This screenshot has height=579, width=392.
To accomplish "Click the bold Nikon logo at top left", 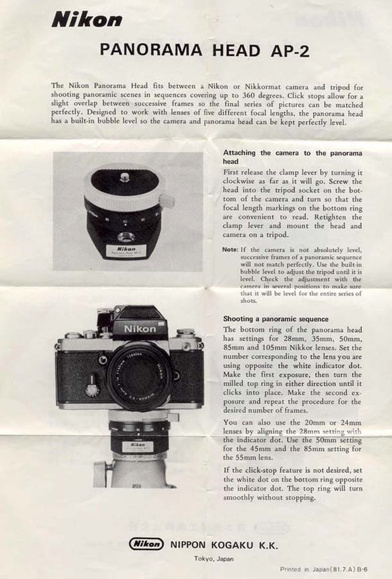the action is pos(87,20).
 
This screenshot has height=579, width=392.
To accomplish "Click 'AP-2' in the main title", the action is pos(290,51).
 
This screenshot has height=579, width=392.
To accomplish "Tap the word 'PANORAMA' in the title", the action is pos(151,50).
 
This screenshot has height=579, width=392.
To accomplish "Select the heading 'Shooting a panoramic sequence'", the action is pos(276,319).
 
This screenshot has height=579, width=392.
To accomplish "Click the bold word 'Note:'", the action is pos(230,250).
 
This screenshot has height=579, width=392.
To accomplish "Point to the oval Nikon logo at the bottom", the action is pos(146,544).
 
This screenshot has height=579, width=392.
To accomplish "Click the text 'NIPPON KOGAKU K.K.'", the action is pos(224,545).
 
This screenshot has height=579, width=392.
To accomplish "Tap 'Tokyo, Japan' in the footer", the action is pos(214,559).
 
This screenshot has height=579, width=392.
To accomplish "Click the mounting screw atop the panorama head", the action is pos(125,178).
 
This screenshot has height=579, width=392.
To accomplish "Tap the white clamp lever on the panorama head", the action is pos(167,201).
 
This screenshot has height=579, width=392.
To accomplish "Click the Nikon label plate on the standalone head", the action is pos(127,251).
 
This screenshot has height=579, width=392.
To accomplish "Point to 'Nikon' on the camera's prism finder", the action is pos(139,329).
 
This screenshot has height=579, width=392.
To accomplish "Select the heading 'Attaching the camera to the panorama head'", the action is pos(292,157).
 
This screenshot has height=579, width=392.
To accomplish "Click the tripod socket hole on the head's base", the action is pos(126,236).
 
